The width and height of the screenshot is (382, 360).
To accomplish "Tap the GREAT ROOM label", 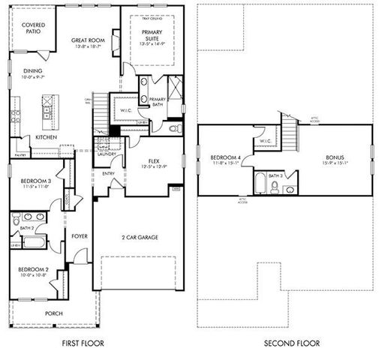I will point(87,40).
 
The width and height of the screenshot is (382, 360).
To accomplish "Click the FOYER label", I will point(79,236).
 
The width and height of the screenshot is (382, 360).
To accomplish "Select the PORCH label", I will point(53,313).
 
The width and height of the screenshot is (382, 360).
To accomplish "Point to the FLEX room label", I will point(154,161).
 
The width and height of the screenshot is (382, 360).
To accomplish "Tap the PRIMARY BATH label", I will point(158,102).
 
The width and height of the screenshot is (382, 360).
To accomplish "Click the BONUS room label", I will point(334,157).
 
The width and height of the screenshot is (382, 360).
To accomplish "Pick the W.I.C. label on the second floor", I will point(265,139).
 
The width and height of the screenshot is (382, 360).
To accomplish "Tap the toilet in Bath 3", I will point(275,187).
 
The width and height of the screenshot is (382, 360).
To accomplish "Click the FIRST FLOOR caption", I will point(83,343).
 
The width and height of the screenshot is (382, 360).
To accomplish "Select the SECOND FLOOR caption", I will point(291,343).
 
